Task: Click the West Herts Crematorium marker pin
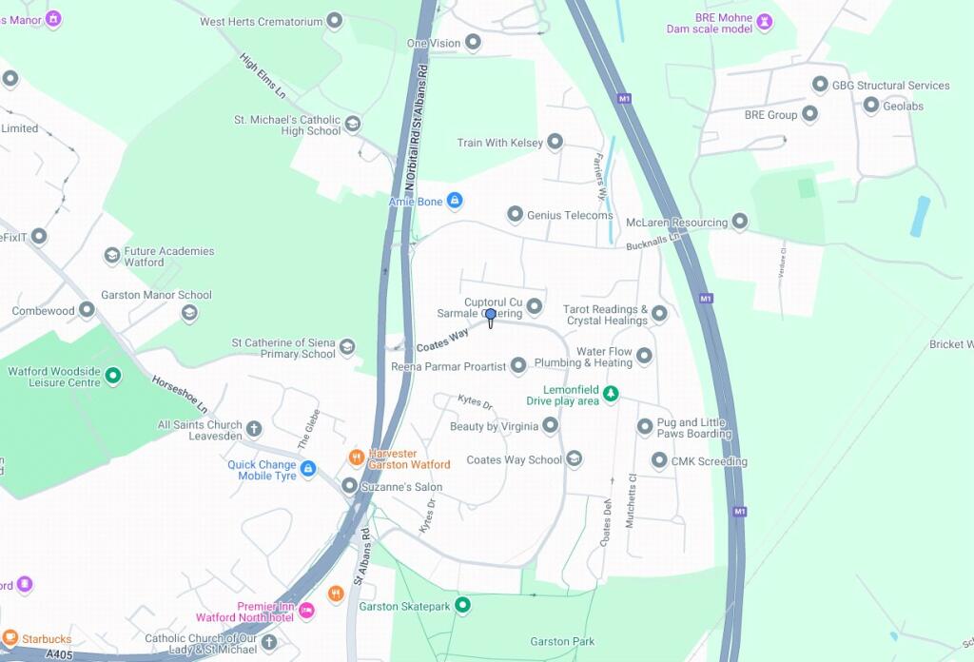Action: [334, 20]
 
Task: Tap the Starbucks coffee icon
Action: [10, 637]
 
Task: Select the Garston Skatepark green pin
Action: [462, 605]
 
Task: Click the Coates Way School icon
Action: [575, 459]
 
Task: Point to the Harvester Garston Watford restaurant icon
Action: [356, 458]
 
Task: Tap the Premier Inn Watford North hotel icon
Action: [306, 611]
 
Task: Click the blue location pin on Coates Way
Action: [491, 316]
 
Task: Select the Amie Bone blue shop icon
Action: [455, 201]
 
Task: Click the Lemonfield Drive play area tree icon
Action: [611, 394]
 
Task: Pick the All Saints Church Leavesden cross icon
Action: [254, 428]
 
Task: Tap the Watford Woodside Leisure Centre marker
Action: [113, 376]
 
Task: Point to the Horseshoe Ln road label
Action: [179, 393]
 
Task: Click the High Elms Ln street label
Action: [263, 76]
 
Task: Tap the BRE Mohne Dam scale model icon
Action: [764, 20]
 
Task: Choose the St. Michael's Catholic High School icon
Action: [353, 124]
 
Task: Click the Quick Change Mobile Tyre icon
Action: [308, 469]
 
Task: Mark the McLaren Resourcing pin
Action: [739, 222]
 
